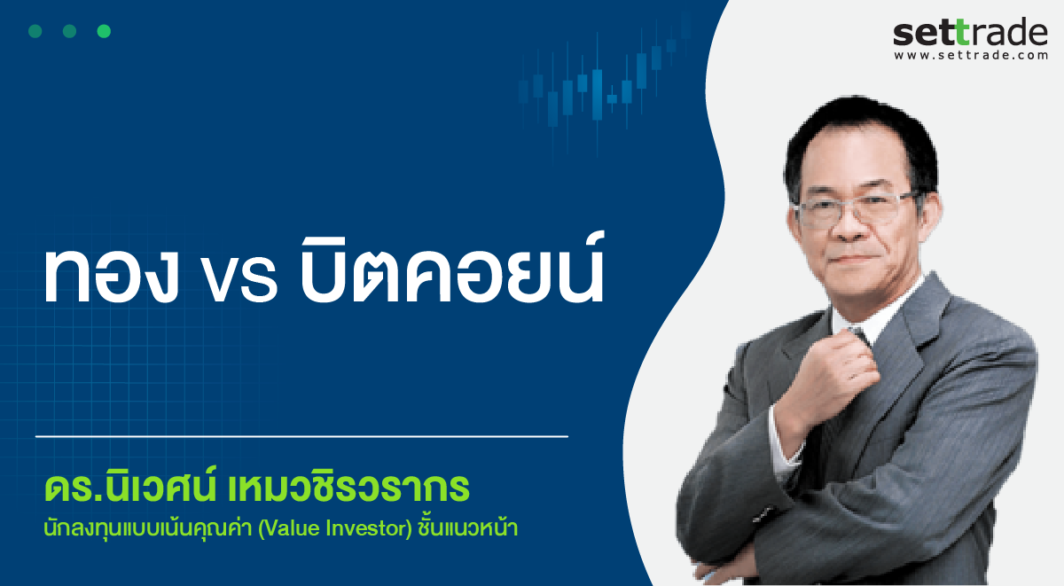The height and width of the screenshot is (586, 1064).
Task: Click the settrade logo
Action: (x=970, y=38)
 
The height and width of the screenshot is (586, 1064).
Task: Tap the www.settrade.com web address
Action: (x=971, y=55)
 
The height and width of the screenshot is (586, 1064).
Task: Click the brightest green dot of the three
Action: (x=104, y=31)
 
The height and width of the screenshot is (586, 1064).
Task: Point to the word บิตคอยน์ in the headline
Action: (x=452, y=268)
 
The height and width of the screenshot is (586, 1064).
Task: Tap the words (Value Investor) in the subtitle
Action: (x=335, y=528)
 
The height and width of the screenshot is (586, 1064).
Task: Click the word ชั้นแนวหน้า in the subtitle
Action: (x=468, y=527)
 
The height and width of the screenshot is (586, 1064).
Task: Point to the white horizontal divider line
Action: (x=301, y=436)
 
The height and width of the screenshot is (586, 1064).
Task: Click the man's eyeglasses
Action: (x=857, y=209)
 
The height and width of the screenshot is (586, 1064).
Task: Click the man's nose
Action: (x=850, y=225)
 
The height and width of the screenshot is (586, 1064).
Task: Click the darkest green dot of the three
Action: (x=35, y=31)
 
